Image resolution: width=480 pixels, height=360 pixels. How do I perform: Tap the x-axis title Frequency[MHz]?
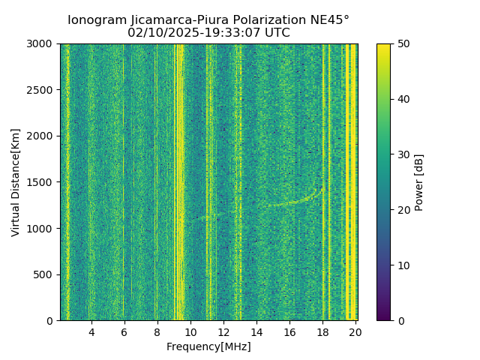(x=208, y=346)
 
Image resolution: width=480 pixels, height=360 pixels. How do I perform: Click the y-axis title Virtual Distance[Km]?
(x=15, y=182)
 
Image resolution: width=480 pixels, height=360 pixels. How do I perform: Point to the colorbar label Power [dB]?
(x=419, y=182)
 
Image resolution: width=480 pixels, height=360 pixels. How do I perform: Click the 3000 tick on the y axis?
(x=41, y=43)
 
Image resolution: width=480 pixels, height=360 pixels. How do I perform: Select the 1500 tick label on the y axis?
(x=41, y=182)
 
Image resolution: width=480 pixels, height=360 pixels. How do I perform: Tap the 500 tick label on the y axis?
(x=44, y=274)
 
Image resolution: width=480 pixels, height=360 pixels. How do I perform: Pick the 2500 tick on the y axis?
(x=41, y=90)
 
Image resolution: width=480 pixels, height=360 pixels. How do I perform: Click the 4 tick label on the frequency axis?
(x=91, y=332)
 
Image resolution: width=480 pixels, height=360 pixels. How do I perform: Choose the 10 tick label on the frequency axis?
(x=190, y=332)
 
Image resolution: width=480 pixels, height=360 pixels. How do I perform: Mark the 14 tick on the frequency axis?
(x=256, y=332)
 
